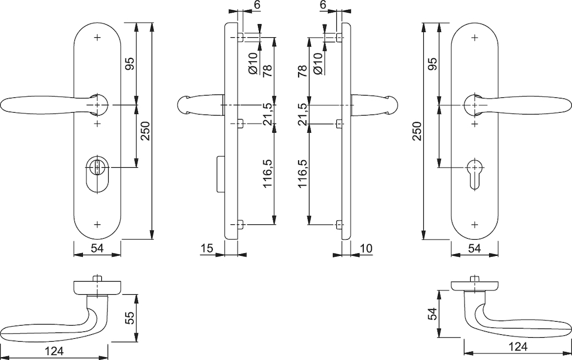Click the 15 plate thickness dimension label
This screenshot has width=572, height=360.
coord(206,248)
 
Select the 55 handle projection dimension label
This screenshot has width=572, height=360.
coord(130,318)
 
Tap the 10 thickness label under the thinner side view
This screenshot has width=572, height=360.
coord(366,248)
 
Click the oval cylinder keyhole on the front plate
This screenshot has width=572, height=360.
coord(97,174)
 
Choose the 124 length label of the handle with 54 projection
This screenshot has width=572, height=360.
coord(518,346)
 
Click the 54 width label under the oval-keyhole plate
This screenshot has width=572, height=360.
coord(97,248)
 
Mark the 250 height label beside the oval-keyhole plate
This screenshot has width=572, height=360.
coord(145,130)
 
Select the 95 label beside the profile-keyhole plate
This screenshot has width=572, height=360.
coord(432,64)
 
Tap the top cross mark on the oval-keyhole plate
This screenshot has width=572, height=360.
coord(97,37)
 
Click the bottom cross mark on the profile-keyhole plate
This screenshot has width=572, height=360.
coord(475,224)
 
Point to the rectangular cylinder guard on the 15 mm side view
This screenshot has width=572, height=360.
coord(221,174)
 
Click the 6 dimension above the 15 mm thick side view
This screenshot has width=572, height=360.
coord(257,5)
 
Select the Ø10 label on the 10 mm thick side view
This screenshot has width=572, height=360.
coord(317,64)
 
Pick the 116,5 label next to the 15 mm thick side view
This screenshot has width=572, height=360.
coord(268,173)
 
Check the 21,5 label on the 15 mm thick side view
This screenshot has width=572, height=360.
coord(268,114)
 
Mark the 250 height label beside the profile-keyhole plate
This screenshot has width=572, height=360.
coord(417,130)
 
